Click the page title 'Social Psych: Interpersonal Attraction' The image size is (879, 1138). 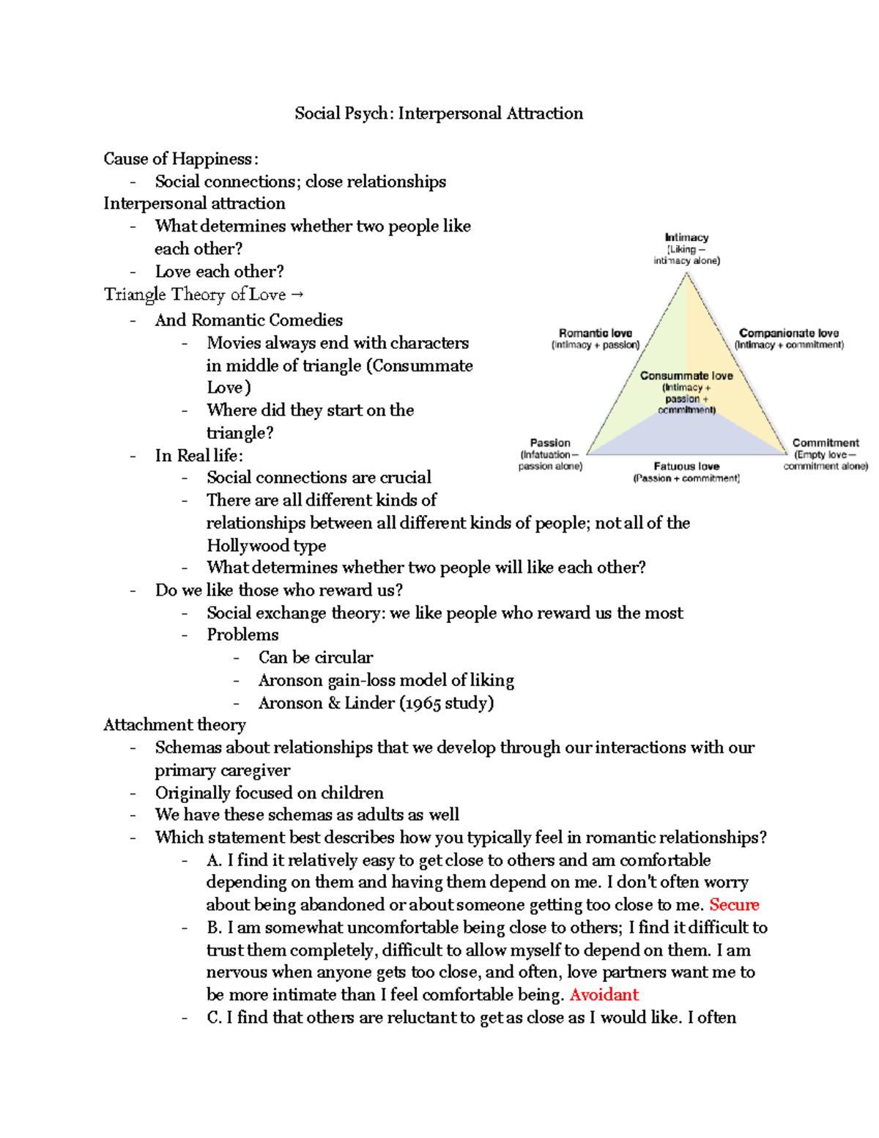pyautogui.click(x=439, y=114)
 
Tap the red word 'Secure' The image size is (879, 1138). pyautogui.click(x=734, y=905)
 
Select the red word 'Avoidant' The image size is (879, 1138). pyautogui.click(x=604, y=995)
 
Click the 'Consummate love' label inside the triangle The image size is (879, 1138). pyautogui.click(x=686, y=376)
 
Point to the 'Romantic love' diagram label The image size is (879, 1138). pyautogui.click(x=595, y=333)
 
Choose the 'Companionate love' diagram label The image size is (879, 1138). pyautogui.click(x=789, y=333)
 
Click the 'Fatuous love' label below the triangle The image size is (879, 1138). pyautogui.click(x=686, y=467)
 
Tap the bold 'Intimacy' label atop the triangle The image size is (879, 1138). pyautogui.click(x=686, y=237)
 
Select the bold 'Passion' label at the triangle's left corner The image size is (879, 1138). pyautogui.click(x=550, y=443)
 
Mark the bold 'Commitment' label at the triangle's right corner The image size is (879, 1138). pyautogui.click(x=826, y=443)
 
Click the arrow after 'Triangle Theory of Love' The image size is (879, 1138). pyautogui.click(x=297, y=295)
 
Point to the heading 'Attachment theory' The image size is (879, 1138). pyautogui.click(x=174, y=725)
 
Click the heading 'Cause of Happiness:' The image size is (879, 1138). pyautogui.click(x=180, y=159)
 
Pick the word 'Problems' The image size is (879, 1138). pyautogui.click(x=242, y=635)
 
